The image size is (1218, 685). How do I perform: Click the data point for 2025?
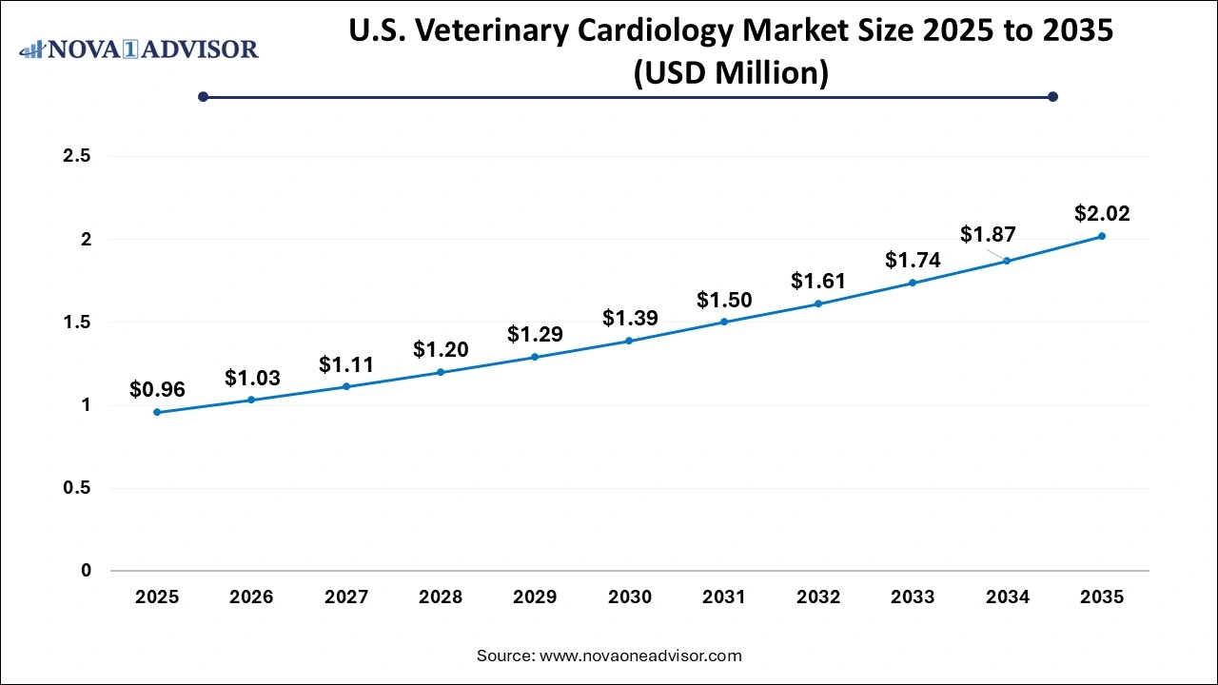(x=157, y=412)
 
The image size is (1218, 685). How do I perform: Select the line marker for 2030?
(x=629, y=341)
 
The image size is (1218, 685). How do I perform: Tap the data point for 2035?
(x=1102, y=236)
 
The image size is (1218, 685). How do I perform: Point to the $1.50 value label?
(x=724, y=301)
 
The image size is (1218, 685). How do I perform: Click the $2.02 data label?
(x=1102, y=214)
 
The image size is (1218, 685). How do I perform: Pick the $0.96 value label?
(x=157, y=389)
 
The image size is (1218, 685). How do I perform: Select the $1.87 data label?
(x=988, y=234)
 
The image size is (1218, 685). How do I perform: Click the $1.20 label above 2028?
(x=441, y=350)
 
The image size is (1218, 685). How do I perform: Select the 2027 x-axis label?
(x=346, y=597)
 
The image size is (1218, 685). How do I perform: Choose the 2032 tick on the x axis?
(x=818, y=597)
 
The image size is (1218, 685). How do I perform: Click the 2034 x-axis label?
(x=1008, y=597)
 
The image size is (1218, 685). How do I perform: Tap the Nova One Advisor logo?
(x=139, y=49)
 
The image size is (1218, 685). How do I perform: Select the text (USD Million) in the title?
(x=731, y=73)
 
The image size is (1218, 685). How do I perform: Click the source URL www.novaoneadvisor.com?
(x=640, y=656)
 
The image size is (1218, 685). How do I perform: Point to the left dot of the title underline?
(x=203, y=96)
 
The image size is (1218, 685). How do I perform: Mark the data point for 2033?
(x=913, y=283)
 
